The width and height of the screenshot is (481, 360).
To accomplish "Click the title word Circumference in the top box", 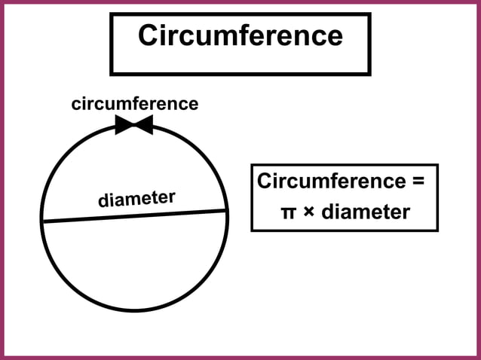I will click(x=240, y=36).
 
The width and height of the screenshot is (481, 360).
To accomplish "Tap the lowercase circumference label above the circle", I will click(x=135, y=104).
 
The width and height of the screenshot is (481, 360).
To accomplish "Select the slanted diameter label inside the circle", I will click(x=136, y=200).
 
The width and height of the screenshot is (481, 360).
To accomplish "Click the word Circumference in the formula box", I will click(x=332, y=182).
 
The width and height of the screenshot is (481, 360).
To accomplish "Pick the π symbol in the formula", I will click(x=287, y=213).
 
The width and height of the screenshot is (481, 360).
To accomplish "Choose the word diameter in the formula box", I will click(x=366, y=212).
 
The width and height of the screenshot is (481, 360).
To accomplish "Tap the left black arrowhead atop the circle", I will click(x=124, y=125).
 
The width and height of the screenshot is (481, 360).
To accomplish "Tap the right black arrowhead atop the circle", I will click(x=143, y=125).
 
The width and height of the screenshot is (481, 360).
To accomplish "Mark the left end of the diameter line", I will click(x=42, y=221).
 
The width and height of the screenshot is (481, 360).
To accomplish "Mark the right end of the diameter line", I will click(x=226, y=210).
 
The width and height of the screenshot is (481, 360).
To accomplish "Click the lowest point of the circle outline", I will click(x=135, y=310).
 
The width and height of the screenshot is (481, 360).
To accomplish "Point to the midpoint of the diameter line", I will click(x=134, y=215).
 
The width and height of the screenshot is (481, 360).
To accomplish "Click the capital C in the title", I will click(x=149, y=36).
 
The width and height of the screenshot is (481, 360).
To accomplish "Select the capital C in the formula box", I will click(x=265, y=182).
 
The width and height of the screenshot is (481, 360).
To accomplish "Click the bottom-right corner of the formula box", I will click(x=437, y=230).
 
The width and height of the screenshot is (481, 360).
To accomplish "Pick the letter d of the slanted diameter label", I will click(x=103, y=203).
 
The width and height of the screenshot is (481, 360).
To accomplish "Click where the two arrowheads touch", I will click(x=134, y=125).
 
